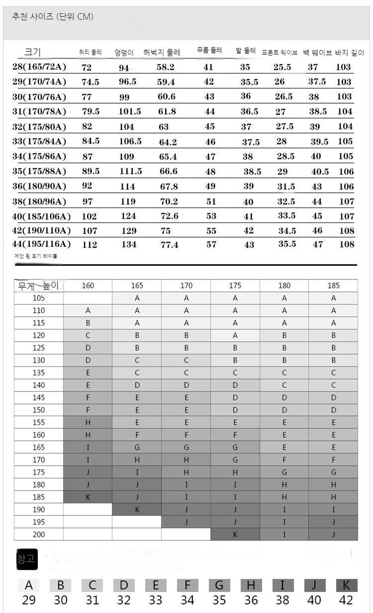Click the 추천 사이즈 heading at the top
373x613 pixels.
pyautogui.click(x=52, y=17)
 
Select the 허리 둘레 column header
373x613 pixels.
pyautogui.click(x=90, y=52)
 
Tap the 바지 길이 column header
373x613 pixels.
pyautogui.click(x=350, y=52)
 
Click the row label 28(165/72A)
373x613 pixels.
pyautogui.click(x=39, y=67)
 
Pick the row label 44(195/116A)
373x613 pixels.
pyautogui.click(x=41, y=244)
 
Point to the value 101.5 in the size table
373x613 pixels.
pyautogui.click(x=130, y=112)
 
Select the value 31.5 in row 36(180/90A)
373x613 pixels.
pyautogui.click(x=285, y=187)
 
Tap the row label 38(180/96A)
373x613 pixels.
pyautogui.click(x=39, y=202)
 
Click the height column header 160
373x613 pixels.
pyautogui.click(x=88, y=285)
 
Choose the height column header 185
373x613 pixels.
pyautogui.click(x=333, y=285)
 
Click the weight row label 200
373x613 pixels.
pyautogui.click(x=38, y=534)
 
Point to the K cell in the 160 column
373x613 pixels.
pyautogui.click(x=88, y=497)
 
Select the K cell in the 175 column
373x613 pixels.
pyautogui.click(x=235, y=534)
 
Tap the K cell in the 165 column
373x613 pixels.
pyautogui.click(x=137, y=509)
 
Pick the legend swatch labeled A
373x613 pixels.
pyautogui.click(x=28, y=585)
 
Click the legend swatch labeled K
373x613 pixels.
pyautogui.click(x=346, y=585)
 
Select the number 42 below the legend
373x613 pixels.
pyautogui.click(x=346, y=600)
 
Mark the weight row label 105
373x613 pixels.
pyautogui.click(x=38, y=298)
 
